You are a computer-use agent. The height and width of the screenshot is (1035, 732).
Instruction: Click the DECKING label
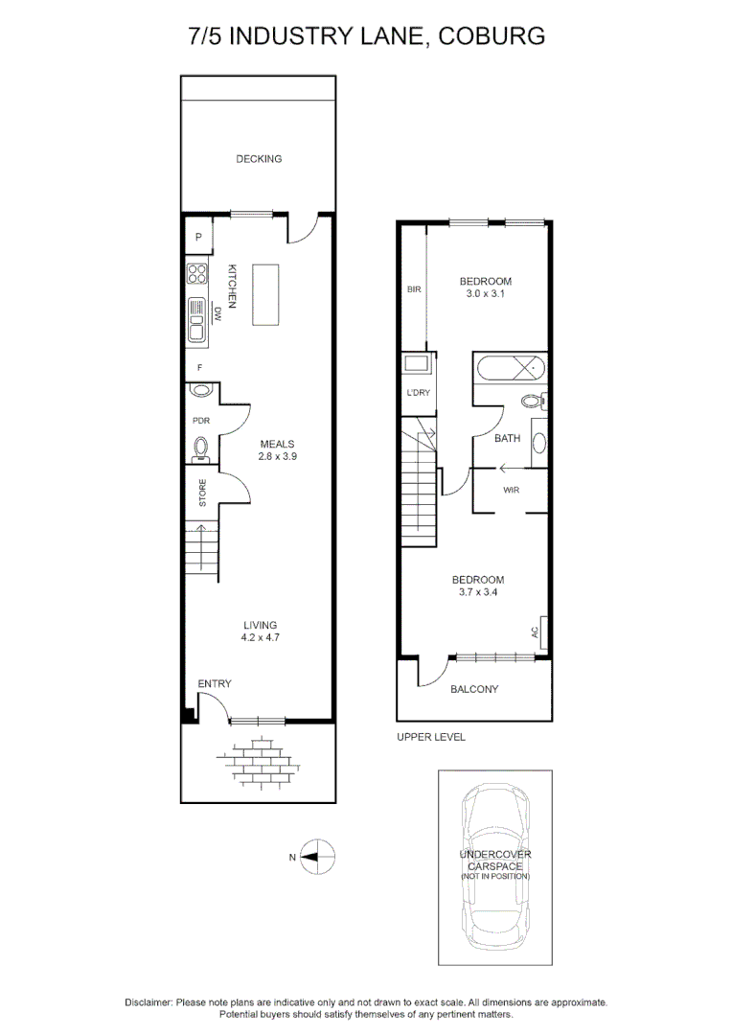(x=259, y=159)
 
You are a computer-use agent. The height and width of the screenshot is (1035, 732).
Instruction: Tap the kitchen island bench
(x=265, y=295)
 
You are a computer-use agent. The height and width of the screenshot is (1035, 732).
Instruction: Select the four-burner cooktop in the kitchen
(x=197, y=274)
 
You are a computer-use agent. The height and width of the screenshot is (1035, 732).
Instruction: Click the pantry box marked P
(x=198, y=237)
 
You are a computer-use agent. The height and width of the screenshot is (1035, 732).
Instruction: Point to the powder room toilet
(x=201, y=447)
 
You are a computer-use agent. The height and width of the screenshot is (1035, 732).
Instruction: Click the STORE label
(x=202, y=494)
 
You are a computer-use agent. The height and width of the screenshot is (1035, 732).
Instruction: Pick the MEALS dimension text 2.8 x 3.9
(x=277, y=457)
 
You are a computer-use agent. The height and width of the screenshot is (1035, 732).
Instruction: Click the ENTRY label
(x=215, y=683)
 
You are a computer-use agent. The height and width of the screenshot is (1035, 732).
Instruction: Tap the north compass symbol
(x=317, y=857)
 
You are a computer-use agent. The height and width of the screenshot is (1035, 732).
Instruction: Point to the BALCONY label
(x=474, y=689)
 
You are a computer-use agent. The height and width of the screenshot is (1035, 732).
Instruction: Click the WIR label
(x=511, y=490)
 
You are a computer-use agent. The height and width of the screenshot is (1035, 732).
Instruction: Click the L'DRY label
(x=417, y=393)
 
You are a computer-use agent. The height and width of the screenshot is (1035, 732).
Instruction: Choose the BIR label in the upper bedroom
(x=414, y=288)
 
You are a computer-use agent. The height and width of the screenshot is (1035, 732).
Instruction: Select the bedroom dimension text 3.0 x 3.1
(x=486, y=294)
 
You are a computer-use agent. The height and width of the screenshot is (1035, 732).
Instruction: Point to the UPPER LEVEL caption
(x=431, y=737)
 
